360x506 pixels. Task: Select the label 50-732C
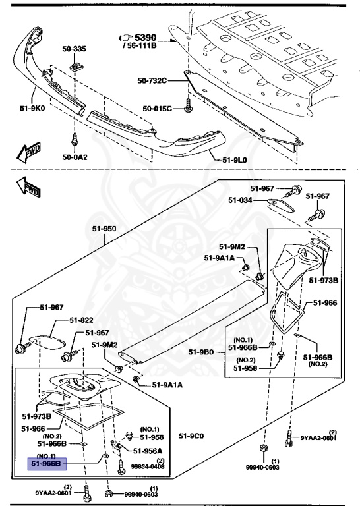pos(154,81)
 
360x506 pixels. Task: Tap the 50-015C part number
pos(158,108)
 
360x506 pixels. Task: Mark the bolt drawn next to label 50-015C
pos(187,105)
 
